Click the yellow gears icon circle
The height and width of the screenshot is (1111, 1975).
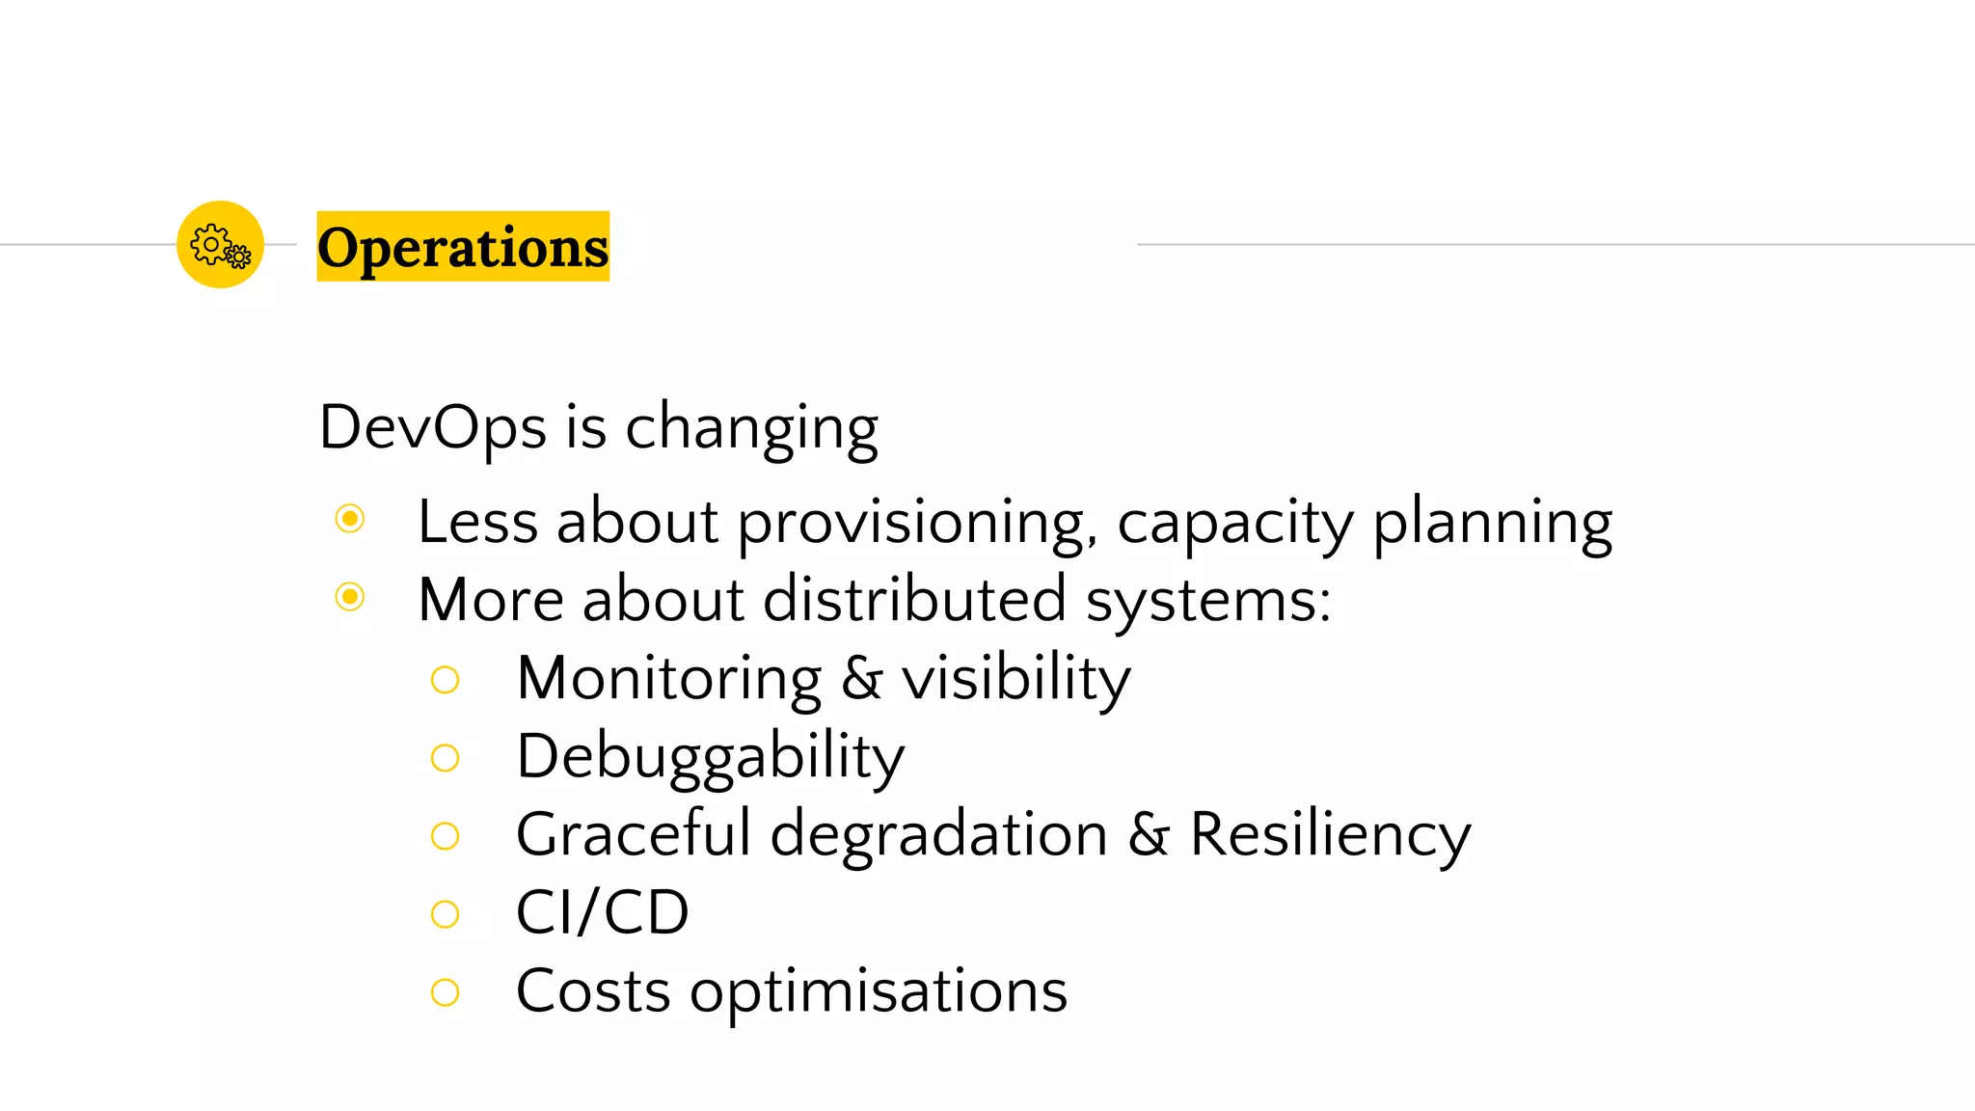(220, 244)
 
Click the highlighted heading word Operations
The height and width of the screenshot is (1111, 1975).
(463, 247)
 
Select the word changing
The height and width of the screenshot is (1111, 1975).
(752, 428)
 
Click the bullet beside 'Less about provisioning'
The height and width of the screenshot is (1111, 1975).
(350, 519)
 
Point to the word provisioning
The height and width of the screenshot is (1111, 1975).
(916, 523)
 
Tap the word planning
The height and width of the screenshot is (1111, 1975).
(1492, 523)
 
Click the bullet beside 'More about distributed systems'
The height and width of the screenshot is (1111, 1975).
(350, 597)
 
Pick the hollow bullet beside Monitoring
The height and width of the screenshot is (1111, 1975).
(445, 680)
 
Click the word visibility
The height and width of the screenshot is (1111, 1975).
(1016, 678)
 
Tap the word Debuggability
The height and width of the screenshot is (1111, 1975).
(711, 757)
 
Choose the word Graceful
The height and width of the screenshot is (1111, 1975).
(634, 834)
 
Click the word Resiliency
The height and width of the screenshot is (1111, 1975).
(1330, 835)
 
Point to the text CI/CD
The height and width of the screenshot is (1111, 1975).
(603, 912)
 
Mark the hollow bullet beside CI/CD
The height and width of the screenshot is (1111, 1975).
(445, 913)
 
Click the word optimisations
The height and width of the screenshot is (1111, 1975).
(879, 991)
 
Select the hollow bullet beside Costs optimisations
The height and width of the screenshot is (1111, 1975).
(445, 991)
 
